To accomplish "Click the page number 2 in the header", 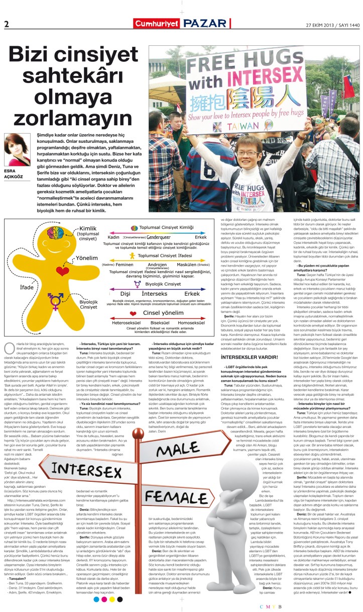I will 7,24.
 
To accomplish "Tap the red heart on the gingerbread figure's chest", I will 62,272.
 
